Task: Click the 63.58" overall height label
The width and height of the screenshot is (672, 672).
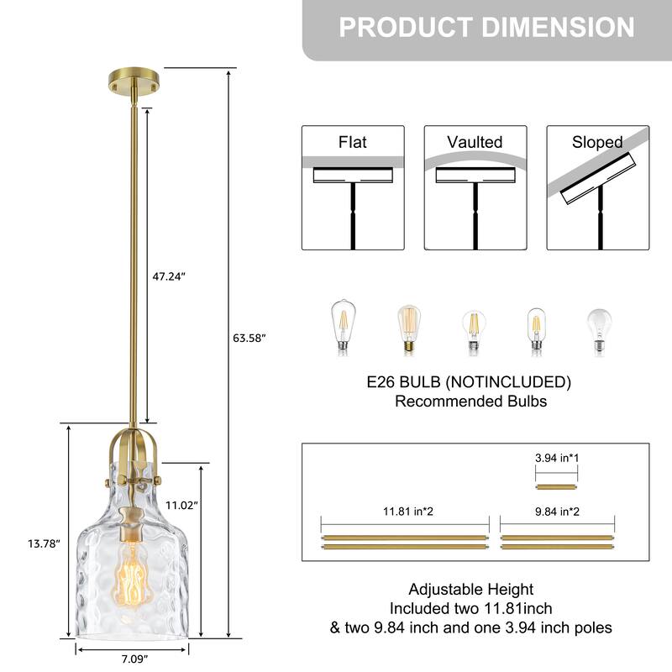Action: click(249, 339)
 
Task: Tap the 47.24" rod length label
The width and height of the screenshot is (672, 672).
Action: click(169, 276)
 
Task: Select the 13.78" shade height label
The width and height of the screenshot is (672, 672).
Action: click(44, 543)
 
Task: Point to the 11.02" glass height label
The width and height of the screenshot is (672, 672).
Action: click(181, 506)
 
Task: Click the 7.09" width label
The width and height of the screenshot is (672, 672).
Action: click(134, 659)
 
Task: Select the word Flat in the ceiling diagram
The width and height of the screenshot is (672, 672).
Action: click(352, 142)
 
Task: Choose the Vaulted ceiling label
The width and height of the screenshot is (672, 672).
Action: click(475, 142)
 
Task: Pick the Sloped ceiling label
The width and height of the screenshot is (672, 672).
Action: click(597, 142)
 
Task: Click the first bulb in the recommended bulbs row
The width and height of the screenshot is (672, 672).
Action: click(344, 328)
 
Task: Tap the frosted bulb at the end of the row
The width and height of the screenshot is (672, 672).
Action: click(599, 331)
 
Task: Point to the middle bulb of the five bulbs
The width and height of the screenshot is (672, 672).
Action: click(474, 332)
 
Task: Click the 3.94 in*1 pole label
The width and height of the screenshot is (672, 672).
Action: click(557, 458)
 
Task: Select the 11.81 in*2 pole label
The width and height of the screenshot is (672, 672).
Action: click(408, 512)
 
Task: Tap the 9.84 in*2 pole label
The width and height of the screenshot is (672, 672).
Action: click(557, 512)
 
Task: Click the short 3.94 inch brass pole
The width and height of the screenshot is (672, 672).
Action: click(556, 487)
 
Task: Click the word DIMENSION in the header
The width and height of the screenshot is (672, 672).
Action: click(558, 27)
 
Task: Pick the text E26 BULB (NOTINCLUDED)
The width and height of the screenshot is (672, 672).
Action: click(469, 381)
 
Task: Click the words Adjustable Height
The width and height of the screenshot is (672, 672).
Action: click(471, 590)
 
